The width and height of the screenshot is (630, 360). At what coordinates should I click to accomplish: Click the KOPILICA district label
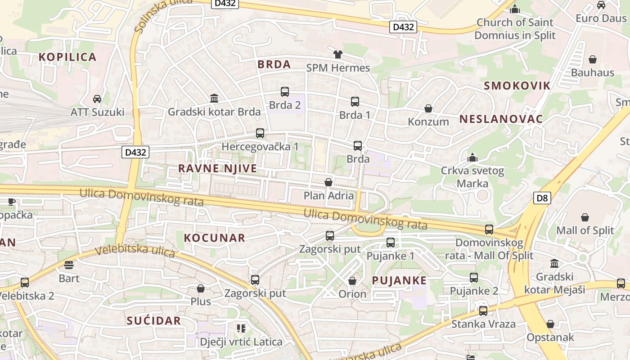coord(67,57)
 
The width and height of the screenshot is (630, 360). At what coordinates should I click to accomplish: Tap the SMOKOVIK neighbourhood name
coord(517,86)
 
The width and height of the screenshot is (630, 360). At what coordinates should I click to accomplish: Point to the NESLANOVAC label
coord(501,119)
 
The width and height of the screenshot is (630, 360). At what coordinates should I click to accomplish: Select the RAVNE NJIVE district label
coord(217,168)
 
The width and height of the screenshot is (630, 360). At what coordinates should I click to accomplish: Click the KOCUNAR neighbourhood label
coord(215,238)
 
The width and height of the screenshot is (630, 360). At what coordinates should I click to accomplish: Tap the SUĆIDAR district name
coord(153,321)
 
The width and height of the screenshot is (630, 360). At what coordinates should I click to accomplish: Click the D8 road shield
coord(542,198)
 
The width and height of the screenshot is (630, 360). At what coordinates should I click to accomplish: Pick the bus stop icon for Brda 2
coord(285,92)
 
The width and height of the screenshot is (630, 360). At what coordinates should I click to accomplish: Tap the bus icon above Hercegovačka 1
coord(260,133)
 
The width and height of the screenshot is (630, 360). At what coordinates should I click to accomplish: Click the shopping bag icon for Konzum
coord(428,108)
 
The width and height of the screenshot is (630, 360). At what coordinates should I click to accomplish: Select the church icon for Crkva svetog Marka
coord(472,157)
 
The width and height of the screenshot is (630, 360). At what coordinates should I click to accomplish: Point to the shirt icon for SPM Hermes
coord(337,54)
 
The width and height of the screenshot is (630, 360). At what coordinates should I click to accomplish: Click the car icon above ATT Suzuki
coord(97,99)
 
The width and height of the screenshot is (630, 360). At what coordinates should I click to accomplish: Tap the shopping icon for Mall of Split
coord(585,217)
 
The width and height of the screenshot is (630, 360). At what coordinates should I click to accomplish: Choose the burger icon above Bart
coord(69,265)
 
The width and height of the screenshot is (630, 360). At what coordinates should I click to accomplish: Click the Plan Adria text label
coord(328,196)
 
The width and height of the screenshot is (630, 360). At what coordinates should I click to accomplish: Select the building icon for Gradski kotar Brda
coord(214,98)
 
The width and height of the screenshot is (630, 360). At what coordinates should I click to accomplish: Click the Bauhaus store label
coord(592,72)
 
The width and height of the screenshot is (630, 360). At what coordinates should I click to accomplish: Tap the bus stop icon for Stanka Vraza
coord(483,310)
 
